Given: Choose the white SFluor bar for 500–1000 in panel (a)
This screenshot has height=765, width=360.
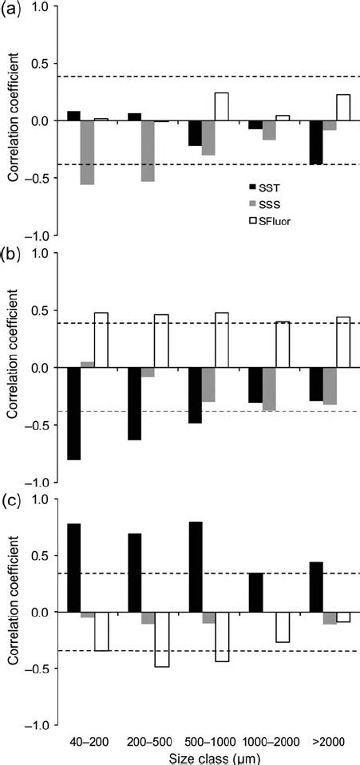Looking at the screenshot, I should (221, 106).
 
